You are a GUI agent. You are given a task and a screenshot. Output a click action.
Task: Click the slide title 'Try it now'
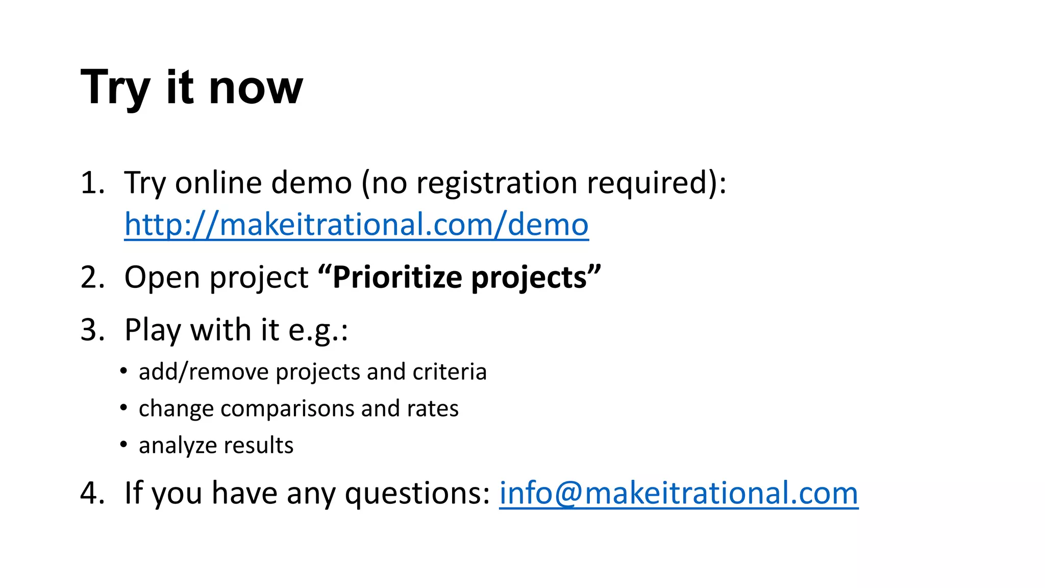click(192, 88)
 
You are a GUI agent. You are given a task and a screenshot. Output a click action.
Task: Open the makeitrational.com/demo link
click(356, 225)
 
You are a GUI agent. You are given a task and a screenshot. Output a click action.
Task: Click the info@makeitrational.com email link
click(678, 493)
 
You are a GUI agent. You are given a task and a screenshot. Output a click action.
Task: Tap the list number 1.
click(92, 183)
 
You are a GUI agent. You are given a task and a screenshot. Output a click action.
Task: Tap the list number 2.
click(92, 278)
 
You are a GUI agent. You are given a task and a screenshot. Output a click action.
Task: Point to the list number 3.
click(92, 330)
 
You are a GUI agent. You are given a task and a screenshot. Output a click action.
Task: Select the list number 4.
click(92, 494)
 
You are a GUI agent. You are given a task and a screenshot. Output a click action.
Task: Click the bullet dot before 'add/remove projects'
click(123, 371)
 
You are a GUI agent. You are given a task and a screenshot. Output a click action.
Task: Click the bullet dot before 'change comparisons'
click(123, 408)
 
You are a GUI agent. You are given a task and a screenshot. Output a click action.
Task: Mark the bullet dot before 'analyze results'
click(123, 445)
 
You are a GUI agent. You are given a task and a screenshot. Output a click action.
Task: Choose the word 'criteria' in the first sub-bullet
click(450, 372)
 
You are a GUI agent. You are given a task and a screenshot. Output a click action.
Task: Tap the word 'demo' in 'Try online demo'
click(311, 183)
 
